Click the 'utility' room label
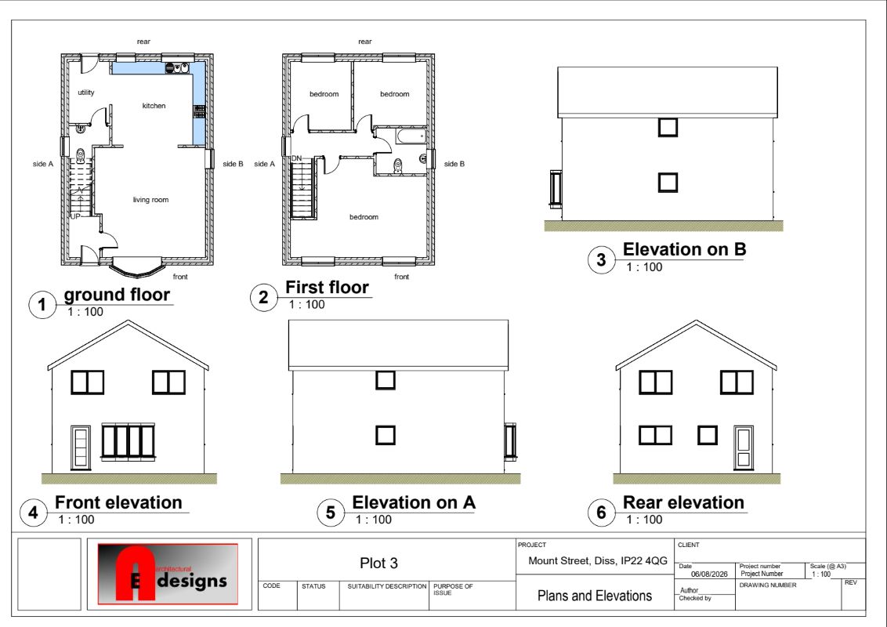[x=86, y=92]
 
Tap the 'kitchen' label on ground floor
[x=154, y=106]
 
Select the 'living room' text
[x=150, y=200]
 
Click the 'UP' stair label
[x=75, y=216]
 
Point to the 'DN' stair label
[x=296, y=158]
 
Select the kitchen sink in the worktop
[x=177, y=68]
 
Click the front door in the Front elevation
[x=81, y=448]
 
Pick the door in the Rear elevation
[x=744, y=448]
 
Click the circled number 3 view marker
[x=601, y=259]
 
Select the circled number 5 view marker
[x=331, y=513]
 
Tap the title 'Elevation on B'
[x=685, y=249]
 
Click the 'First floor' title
[x=327, y=288]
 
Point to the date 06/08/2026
[x=709, y=574]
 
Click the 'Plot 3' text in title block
[x=378, y=563]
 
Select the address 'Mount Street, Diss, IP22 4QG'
[x=598, y=561]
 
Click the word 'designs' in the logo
[x=192, y=582]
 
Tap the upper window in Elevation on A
[x=386, y=380]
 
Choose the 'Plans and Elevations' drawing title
[x=595, y=596]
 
